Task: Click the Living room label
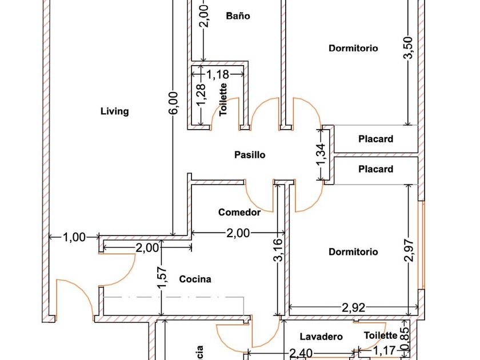(114, 111)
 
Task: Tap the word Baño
(238, 16)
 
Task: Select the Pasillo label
(250, 155)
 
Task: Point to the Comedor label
(239, 213)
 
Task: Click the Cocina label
(195, 279)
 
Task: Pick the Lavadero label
(321, 337)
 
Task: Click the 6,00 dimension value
(174, 103)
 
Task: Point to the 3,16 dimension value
(278, 250)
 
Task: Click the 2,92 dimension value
(354, 307)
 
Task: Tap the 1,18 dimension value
(217, 74)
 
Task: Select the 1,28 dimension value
(201, 94)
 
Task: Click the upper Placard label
(375, 139)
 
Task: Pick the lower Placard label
(375, 169)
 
